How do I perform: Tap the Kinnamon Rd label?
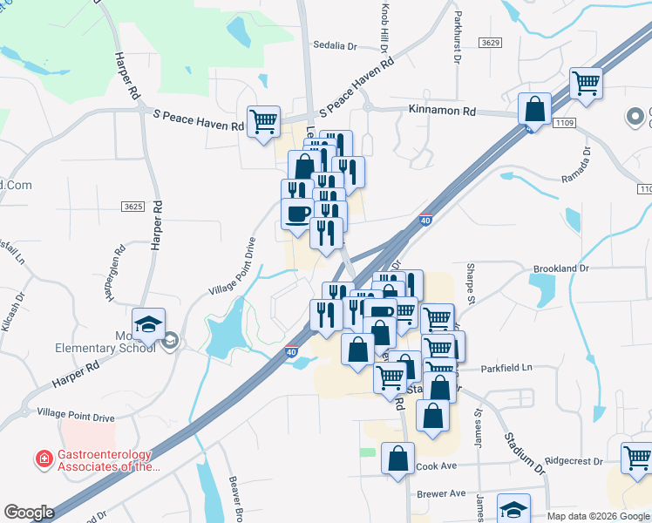pyautogui.click(x=444, y=112)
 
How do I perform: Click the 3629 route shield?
pyautogui.click(x=491, y=43)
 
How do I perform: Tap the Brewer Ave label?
pyautogui.click(x=441, y=493)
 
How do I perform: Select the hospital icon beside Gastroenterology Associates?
pyautogui.click(x=42, y=458)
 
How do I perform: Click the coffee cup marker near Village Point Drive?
pyautogui.click(x=297, y=214)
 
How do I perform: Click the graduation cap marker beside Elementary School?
pyautogui.click(x=149, y=323)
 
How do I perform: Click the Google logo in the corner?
pyautogui.click(x=28, y=513)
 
